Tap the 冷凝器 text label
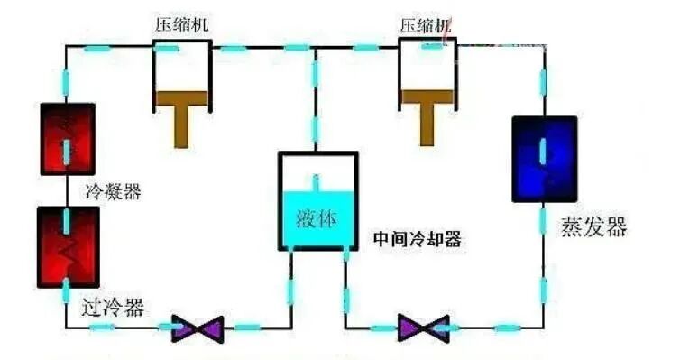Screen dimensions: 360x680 [113, 191]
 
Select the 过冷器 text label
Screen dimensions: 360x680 [111, 305]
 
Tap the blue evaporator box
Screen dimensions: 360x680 [544, 157]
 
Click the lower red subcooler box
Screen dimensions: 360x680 [67, 246]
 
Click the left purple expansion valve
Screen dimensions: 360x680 [197, 327]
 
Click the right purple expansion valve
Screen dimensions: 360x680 [423, 327]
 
